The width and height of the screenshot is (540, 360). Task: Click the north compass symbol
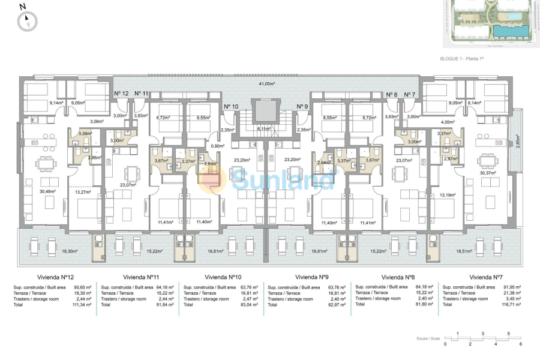(27, 22)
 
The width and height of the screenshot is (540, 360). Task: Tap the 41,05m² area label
(266, 84)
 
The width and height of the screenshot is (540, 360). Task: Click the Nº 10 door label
(231, 106)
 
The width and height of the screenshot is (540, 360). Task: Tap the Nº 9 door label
(302, 106)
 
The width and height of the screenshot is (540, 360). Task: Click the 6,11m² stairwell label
(265, 128)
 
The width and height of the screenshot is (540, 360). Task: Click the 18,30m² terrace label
(52, 252)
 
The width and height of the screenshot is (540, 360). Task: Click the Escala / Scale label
(430, 339)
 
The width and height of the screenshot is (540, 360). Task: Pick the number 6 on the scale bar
(521, 344)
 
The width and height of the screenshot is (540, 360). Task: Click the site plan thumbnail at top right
(491, 22)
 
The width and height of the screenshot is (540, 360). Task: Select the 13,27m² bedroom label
(82, 192)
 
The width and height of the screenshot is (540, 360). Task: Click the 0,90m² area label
(217, 146)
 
